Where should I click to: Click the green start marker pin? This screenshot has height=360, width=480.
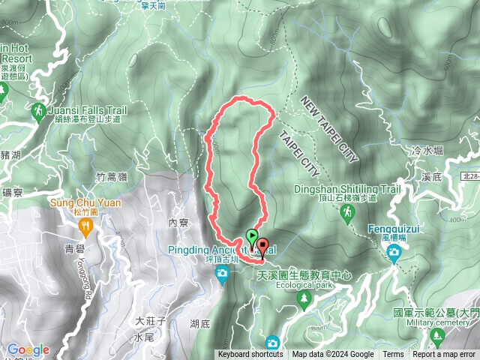pyautogui.click(x=250, y=241)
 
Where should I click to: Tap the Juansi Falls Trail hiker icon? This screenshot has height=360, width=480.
pyautogui.click(x=37, y=111)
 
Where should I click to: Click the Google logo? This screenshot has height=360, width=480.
pyautogui.click(x=28, y=349)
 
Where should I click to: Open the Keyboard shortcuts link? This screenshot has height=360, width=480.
pyautogui.click(x=250, y=355)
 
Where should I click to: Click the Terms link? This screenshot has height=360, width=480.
pyautogui.click(x=393, y=355)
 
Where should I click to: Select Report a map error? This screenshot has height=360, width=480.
pyautogui.click(x=445, y=355)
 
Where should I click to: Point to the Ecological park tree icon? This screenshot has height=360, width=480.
pyautogui.click(x=304, y=300)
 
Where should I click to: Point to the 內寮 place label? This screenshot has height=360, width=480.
pyautogui.click(x=178, y=223)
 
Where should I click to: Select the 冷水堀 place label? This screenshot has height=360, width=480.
pyautogui.click(x=427, y=151)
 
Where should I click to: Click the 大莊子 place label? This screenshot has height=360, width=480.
pyautogui.click(x=149, y=321)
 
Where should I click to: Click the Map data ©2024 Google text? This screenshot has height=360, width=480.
pyautogui.click(x=332, y=355)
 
